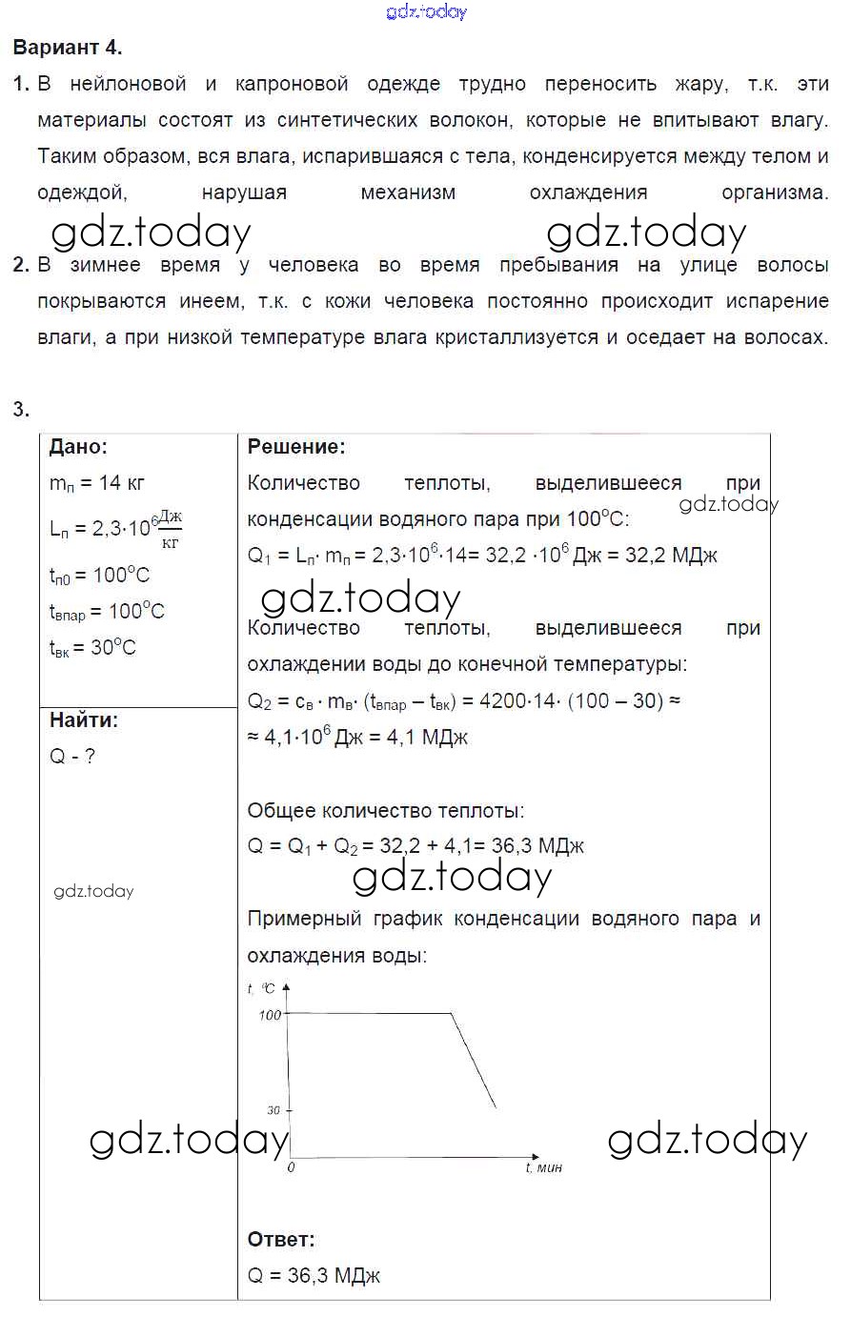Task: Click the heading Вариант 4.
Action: (x=68, y=47)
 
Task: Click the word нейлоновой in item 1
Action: (x=128, y=84)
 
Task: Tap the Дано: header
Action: (x=78, y=447)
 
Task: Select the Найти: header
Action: (x=84, y=720)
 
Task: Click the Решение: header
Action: (x=296, y=447)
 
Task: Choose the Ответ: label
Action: (x=280, y=1240)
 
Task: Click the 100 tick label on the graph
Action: (x=271, y=1015)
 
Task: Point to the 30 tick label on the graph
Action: (x=274, y=1110)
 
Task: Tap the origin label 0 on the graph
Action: (x=292, y=1167)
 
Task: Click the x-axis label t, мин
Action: (x=544, y=1167)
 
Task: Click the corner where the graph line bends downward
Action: (x=450, y=1013)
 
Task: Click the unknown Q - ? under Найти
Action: (x=72, y=757)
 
